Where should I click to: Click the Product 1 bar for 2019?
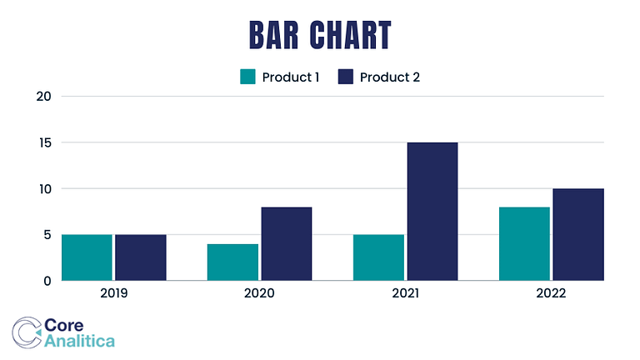[x=87, y=257]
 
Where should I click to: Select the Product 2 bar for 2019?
[x=140, y=257]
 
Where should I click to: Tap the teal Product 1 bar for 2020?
[x=232, y=262]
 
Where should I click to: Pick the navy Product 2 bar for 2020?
[x=286, y=244]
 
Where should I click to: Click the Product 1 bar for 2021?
[x=378, y=257]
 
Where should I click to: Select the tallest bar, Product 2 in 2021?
[x=432, y=212]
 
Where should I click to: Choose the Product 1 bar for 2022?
[x=524, y=244]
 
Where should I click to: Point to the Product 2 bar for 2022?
[x=577, y=235]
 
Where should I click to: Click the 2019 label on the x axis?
[x=113, y=293]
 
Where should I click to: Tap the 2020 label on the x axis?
[x=259, y=293]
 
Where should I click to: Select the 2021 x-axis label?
[x=405, y=293]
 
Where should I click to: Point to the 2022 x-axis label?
[x=551, y=293]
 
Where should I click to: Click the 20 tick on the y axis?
[x=44, y=97]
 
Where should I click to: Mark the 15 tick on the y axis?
[x=45, y=142]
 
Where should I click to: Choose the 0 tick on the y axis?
[x=47, y=281]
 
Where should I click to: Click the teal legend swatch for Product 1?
[x=247, y=77]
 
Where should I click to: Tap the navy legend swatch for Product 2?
[x=346, y=77]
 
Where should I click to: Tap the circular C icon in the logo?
[x=27, y=332]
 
